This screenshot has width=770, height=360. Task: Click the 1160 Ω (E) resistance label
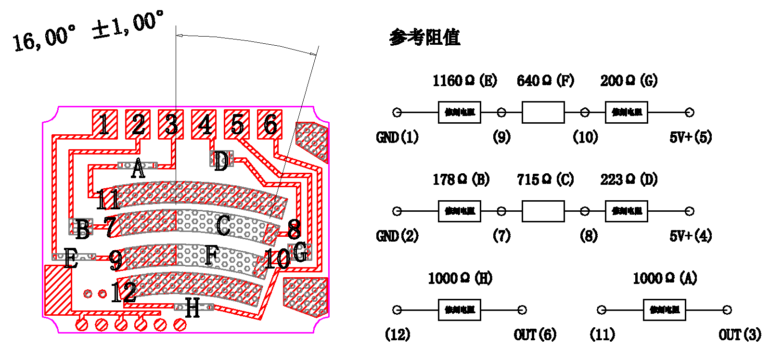tap(464, 81)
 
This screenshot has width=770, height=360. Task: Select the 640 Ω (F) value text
tap(545, 81)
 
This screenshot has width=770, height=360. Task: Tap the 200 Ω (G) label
tap(629, 81)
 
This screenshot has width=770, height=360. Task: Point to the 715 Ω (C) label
tap(545, 180)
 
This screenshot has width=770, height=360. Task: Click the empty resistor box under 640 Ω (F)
tap(543, 113)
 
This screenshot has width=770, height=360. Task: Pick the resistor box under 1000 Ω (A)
tap(664, 310)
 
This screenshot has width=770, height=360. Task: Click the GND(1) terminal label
tap(397, 138)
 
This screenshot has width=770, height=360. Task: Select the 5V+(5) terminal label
tap(691, 138)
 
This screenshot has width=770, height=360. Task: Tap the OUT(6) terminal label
tap(535, 334)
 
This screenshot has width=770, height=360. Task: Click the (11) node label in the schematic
tap(602, 334)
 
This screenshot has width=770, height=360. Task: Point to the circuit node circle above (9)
tap(501, 113)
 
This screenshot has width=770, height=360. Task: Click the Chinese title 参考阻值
tap(424, 38)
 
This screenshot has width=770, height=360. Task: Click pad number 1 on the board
tap(104, 125)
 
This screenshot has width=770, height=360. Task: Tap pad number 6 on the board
tap(270, 125)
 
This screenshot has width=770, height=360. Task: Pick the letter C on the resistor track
tap(223, 226)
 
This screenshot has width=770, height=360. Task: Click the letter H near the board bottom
tap(192, 308)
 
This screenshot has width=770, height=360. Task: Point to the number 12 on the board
tap(123, 292)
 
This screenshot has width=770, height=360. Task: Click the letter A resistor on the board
tap(138, 168)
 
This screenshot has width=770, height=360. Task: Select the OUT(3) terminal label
tap(740, 334)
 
